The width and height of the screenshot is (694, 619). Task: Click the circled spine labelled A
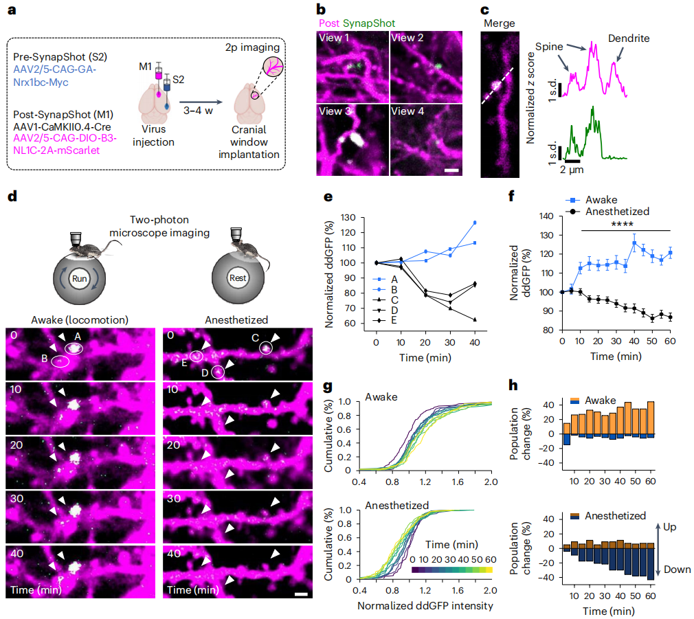pos(72,349)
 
